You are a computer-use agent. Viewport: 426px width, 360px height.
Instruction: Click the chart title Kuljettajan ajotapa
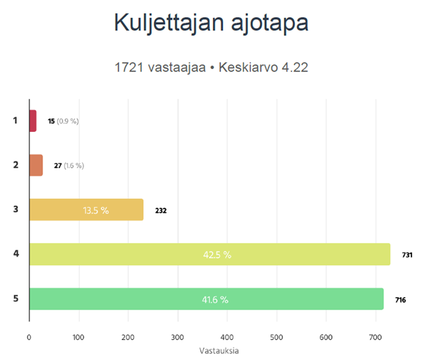click(x=211, y=23)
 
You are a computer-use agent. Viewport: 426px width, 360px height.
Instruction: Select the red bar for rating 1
click(x=33, y=121)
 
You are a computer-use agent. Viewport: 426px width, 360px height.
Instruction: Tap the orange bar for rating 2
click(x=36, y=165)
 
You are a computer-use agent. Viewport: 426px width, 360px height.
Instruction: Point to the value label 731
click(x=407, y=255)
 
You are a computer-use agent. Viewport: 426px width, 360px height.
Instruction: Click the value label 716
click(x=401, y=300)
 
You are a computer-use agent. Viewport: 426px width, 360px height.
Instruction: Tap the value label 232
click(x=161, y=211)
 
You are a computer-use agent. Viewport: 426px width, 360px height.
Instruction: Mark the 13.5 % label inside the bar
click(x=96, y=210)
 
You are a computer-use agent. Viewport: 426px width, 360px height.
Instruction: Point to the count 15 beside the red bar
click(x=51, y=121)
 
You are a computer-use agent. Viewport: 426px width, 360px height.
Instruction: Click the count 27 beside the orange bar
click(x=58, y=166)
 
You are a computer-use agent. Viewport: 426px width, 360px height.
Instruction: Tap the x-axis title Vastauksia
click(x=219, y=350)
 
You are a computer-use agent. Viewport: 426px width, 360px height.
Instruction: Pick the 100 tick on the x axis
click(x=79, y=336)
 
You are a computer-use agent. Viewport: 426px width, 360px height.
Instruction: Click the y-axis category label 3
click(x=15, y=210)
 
